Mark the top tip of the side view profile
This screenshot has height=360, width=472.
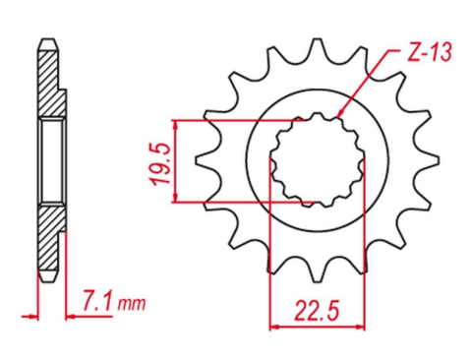(46, 39)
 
